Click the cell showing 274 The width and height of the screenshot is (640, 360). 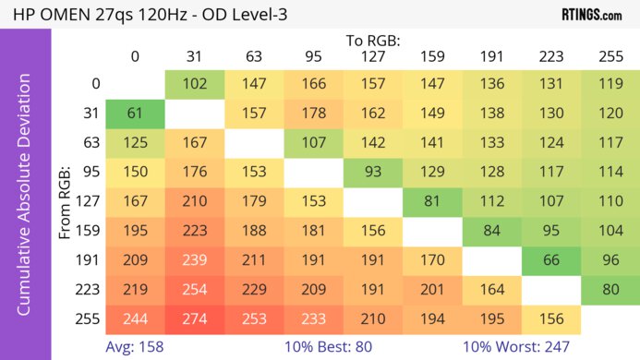(x=195, y=318)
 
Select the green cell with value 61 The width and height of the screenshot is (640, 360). (x=135, y=114)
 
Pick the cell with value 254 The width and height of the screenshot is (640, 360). (x=195, y=289)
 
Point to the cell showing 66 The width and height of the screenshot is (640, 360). (x=551, y=260)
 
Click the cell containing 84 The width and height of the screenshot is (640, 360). (x=492, y=231)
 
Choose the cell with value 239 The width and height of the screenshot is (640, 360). (x=195, y=260)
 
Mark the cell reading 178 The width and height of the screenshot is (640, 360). (x=313, y=114)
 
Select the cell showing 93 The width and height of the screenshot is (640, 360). (x=373, y=173)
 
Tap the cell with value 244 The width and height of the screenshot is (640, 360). (x=135, y=318)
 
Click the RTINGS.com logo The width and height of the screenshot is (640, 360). (x=591, y=14)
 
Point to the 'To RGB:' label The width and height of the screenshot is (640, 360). (x=373, y=42)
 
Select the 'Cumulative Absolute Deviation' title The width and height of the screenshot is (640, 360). (x=25, y=201)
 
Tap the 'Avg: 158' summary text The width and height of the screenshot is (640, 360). (x=135, y=347)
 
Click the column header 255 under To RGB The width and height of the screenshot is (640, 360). (x=610, y=56)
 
